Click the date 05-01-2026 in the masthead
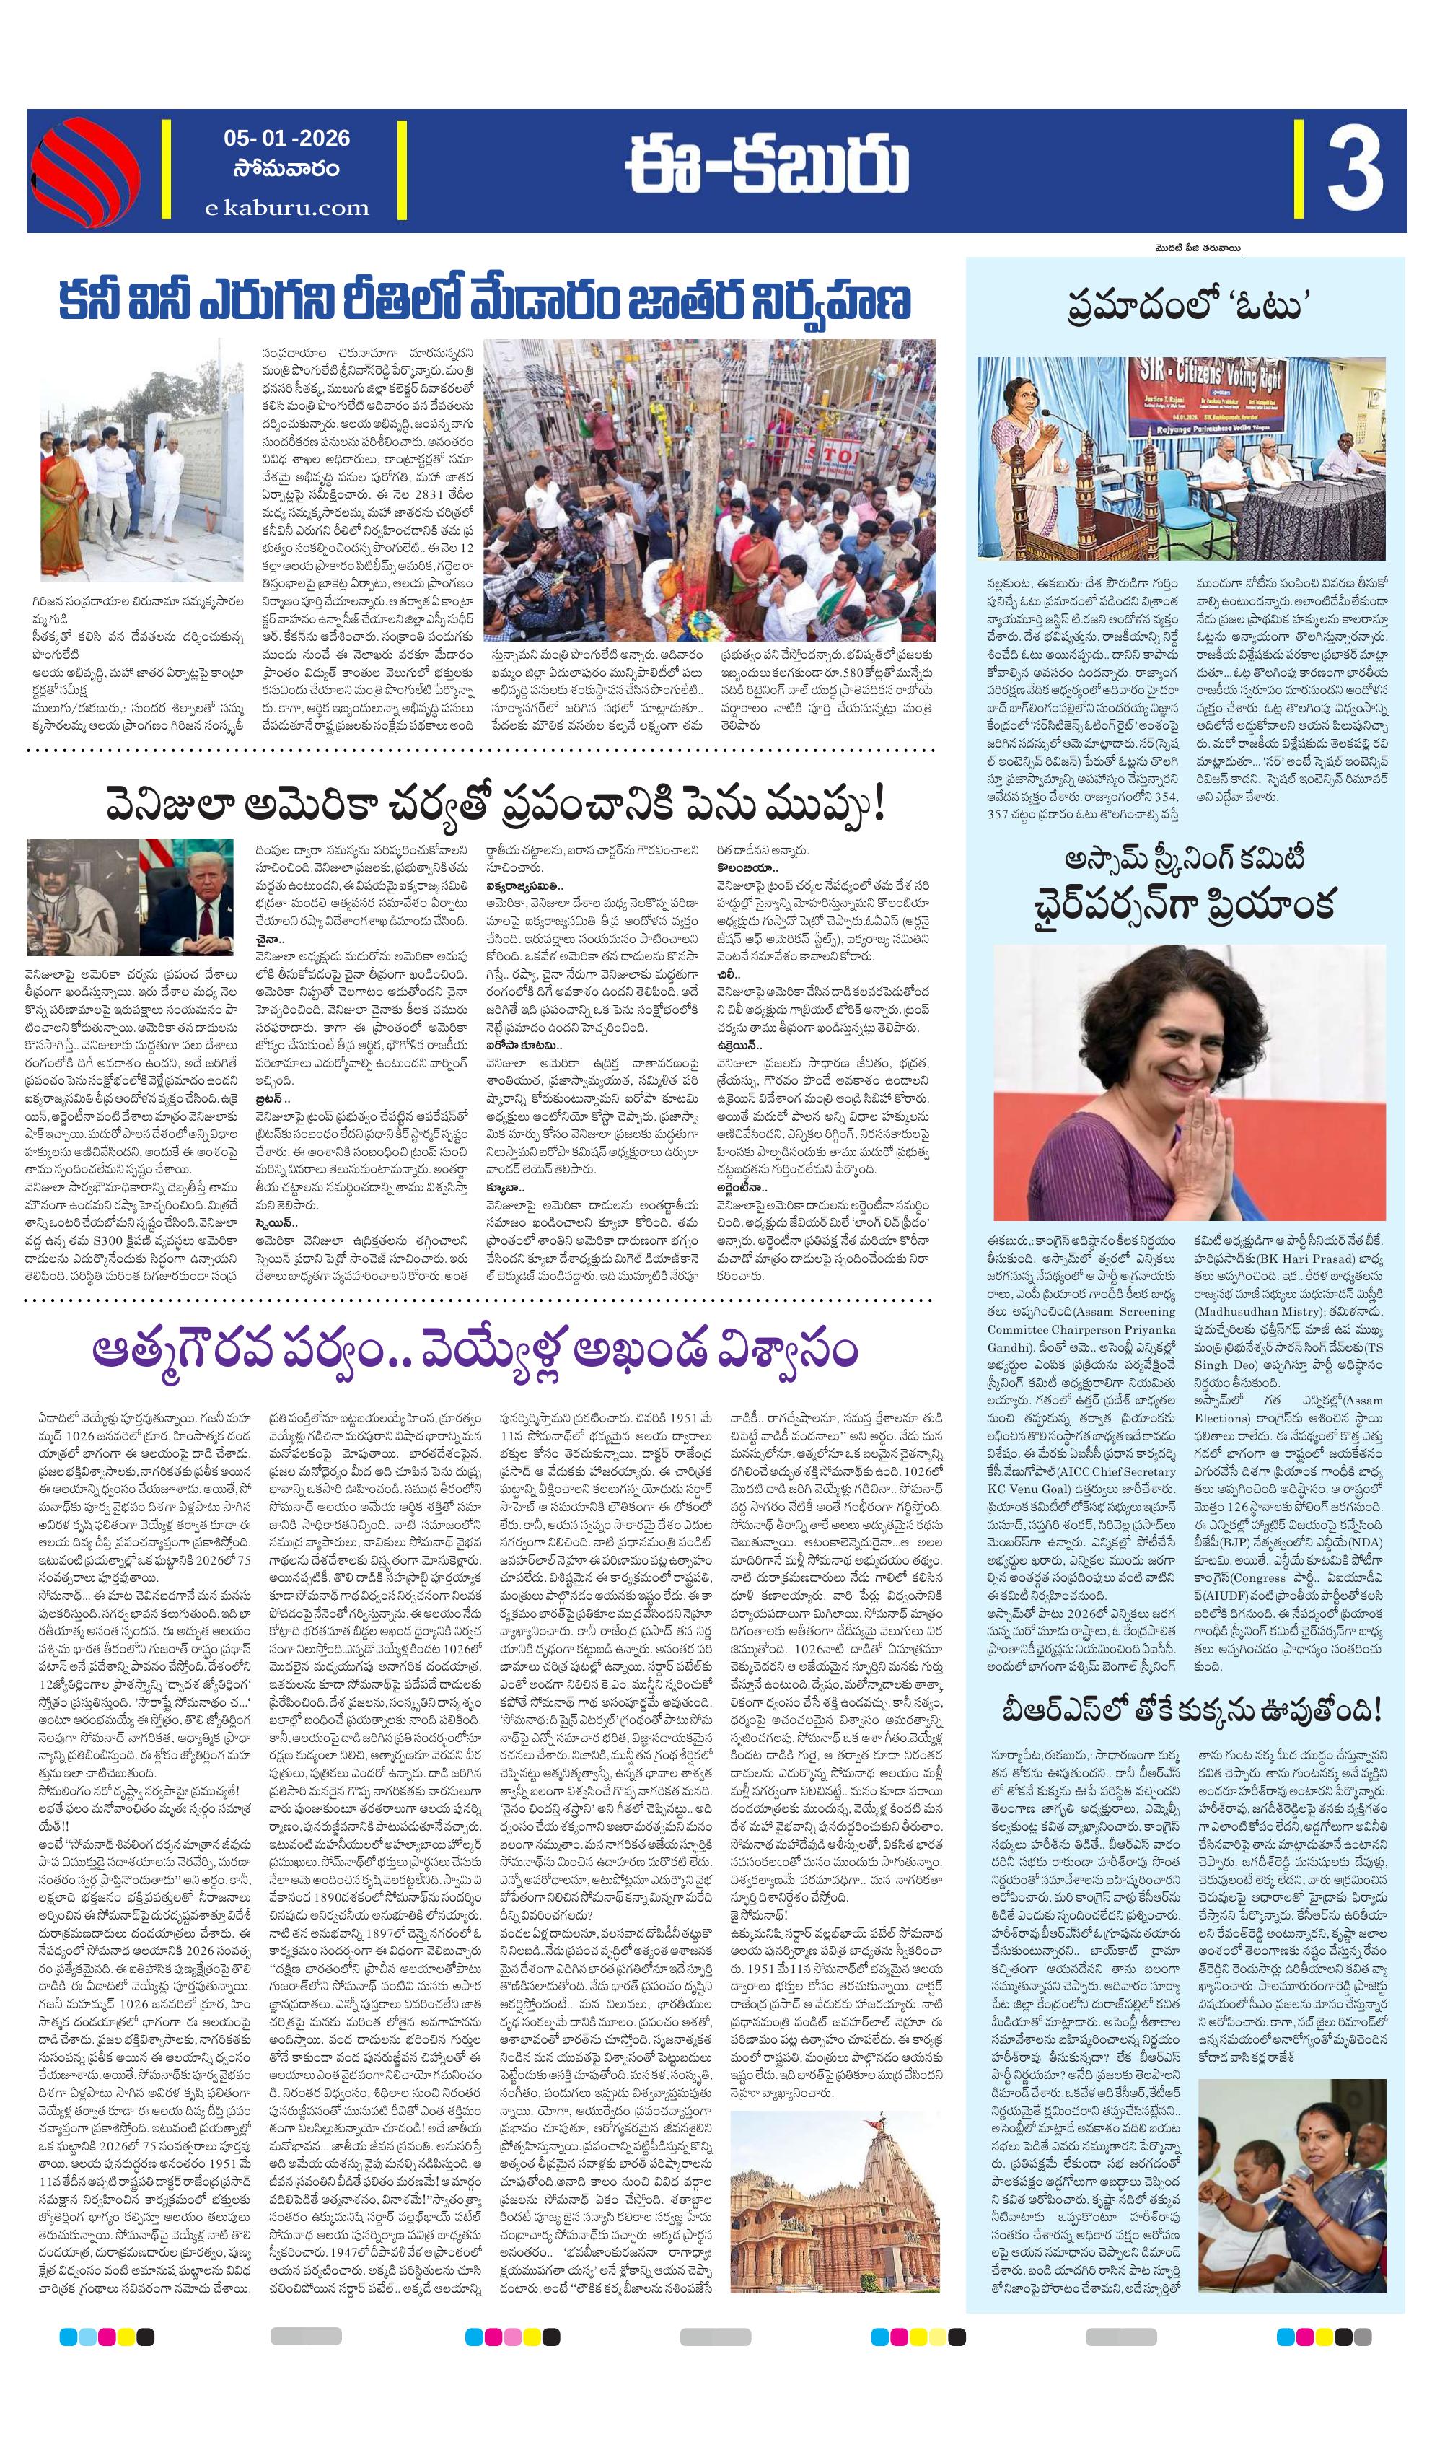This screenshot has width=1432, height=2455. (286, 139)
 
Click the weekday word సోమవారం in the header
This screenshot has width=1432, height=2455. (286, 170)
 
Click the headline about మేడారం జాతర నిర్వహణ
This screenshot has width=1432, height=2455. (483, 301)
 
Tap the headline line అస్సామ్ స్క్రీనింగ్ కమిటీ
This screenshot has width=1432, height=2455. (1185, 859)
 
